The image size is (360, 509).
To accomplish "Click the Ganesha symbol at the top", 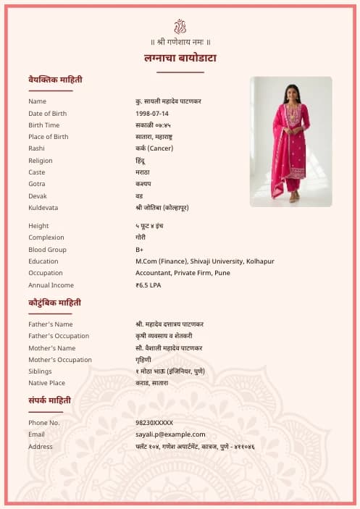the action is point(180,27).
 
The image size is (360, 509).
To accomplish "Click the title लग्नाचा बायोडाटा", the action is point(180,58).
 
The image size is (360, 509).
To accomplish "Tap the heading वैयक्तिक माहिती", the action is point(55,79).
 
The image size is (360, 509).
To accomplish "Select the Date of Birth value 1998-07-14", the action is point(152,114).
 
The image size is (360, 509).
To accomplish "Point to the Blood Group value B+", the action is point(139,250).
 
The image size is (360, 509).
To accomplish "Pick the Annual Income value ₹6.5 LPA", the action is point(148,285).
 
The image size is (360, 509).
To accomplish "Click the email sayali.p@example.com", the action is point(170,434).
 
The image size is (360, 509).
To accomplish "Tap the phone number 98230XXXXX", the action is point(154,423).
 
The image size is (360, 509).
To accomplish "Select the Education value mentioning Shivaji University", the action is point(205,261).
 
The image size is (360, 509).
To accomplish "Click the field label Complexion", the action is point(46,237).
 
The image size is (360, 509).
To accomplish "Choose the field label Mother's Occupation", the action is point(60,360).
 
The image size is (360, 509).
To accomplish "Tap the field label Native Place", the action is point(46,383).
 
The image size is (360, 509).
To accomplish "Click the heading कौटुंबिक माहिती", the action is point(54,303).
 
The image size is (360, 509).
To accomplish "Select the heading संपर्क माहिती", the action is point(50,400).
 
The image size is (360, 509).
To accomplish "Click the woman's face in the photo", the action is point(291,92).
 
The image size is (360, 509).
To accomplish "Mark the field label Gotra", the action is point(37,184).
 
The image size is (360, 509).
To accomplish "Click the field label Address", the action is point(41,447).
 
